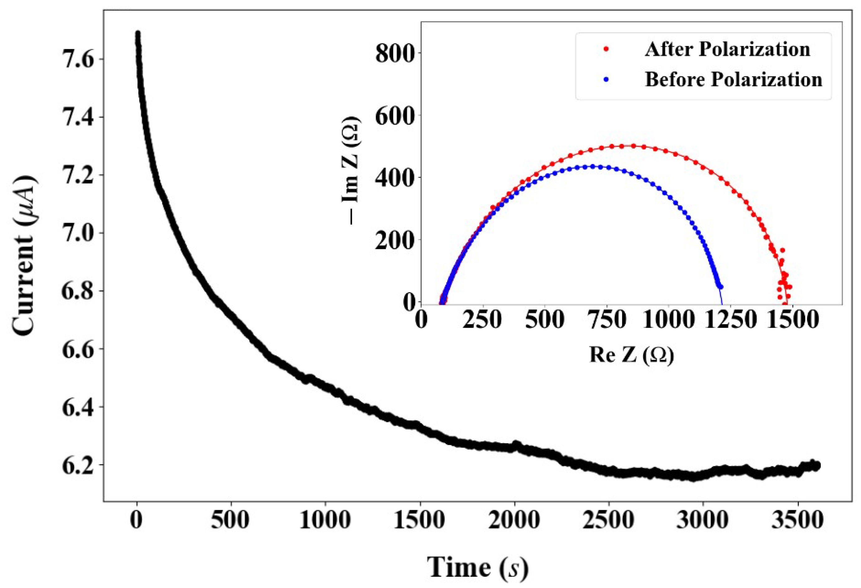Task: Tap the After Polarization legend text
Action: pos(727,49)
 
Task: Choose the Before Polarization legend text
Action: pos(733,79)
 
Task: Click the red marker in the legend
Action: pos(606,49)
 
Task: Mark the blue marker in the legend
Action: pos(606,79)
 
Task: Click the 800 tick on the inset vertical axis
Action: pos(394,53)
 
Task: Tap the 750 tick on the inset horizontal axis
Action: pos(607,319)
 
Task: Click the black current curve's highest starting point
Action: pos(138,33)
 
